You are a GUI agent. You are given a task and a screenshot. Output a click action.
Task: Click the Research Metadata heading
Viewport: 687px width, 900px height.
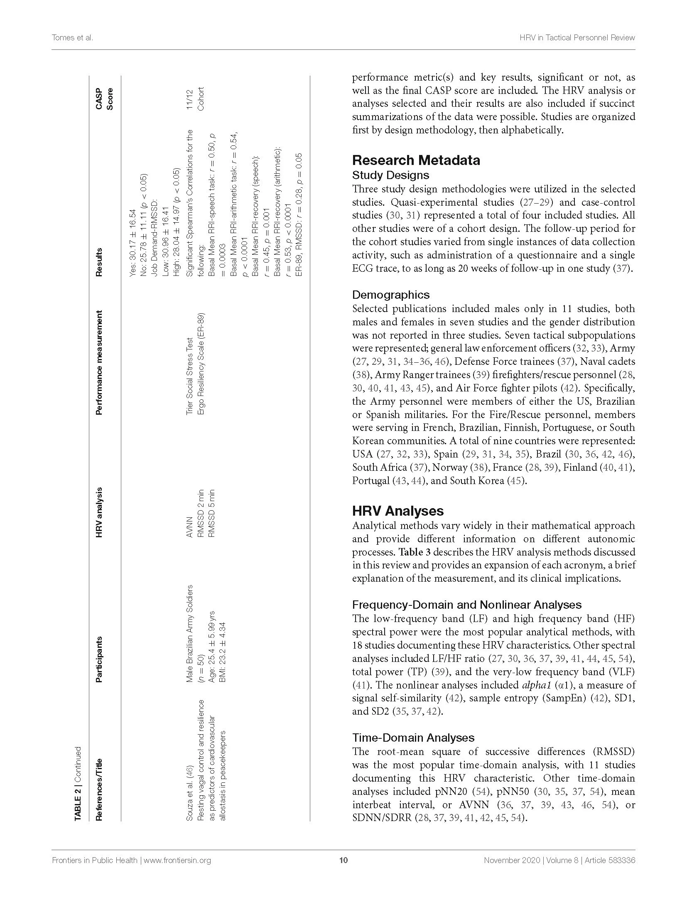pyautogui.click(x=416, y=160)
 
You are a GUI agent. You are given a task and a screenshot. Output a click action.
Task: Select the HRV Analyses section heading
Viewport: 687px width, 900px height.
pyautogui.click(x=397, y=511)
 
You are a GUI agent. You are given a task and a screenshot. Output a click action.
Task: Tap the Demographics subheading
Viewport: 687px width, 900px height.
pyautogui.click(x=390, y=295)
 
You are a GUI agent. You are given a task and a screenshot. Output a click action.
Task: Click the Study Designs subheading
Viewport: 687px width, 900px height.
pyautogui.click(x=390, y=175)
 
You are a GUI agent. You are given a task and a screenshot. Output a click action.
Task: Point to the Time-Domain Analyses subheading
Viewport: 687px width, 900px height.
pyautogui.click(x=413, y=738)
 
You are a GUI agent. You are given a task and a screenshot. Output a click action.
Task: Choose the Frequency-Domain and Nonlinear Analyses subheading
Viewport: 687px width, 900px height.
pyautogui.click(x=466, y=605)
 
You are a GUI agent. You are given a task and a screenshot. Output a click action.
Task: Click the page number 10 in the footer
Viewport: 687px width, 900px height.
pyautogui.click(x=343, y=860)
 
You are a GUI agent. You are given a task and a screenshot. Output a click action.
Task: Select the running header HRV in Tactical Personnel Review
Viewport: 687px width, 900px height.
pyautogui.click(x=577, y=37)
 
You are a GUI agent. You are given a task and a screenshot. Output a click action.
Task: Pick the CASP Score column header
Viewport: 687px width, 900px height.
pyautogui.click(x=104, y=99)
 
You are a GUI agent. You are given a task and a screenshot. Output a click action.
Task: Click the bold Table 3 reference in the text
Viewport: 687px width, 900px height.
pyautogui.click(x=414, y=552)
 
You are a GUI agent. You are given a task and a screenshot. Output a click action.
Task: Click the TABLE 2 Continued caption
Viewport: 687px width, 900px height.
pyautogui.click(x=78, y=784)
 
